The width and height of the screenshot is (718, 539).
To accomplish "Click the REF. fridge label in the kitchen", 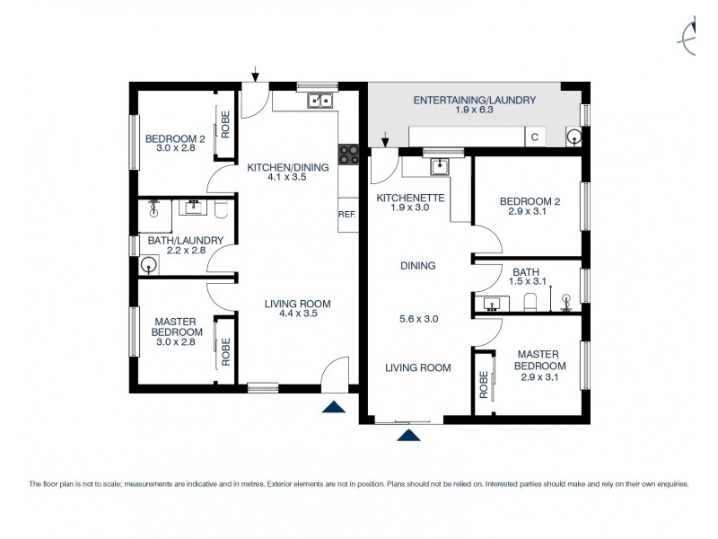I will pyautogui.click(x=347, y=215).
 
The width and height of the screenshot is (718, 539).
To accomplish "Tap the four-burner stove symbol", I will pyautogui.click(x=348, y=155).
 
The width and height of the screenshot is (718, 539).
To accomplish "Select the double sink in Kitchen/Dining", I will pyautogui.click(x=320, y=101).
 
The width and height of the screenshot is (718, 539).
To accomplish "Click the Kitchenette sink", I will pyautogui.click(x=439, y=166).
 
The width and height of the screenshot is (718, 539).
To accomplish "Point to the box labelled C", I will pyautogui.click(x=535, y=137).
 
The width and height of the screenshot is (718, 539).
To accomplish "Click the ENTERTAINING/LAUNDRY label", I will pyautogui.click(x=474, y=101).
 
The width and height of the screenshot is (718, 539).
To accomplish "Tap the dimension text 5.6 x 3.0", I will pyautogui.click(x=417, y=318).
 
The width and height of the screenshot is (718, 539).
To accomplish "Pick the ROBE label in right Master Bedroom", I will pyautogui.click(x=483, y=384).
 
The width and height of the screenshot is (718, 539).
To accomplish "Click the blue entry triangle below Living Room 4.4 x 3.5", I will pyautogui.click(x=333, y=407).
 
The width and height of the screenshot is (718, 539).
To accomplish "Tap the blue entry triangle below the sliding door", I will pyautogui.click(x=409, y=436).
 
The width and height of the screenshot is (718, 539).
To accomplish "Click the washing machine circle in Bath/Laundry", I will pyautogui.click(x=149, y=265).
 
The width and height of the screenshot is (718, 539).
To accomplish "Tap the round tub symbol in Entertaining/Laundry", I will pyautogui.click(x=574, y=137).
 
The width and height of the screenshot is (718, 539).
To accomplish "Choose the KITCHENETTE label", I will pyautogui.click(x=410, y=197).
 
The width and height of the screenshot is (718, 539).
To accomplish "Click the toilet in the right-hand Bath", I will pyautogui.click(x=530, y=302).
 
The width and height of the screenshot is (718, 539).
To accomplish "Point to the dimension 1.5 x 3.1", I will pyautogui.click(x=526, y=283).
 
